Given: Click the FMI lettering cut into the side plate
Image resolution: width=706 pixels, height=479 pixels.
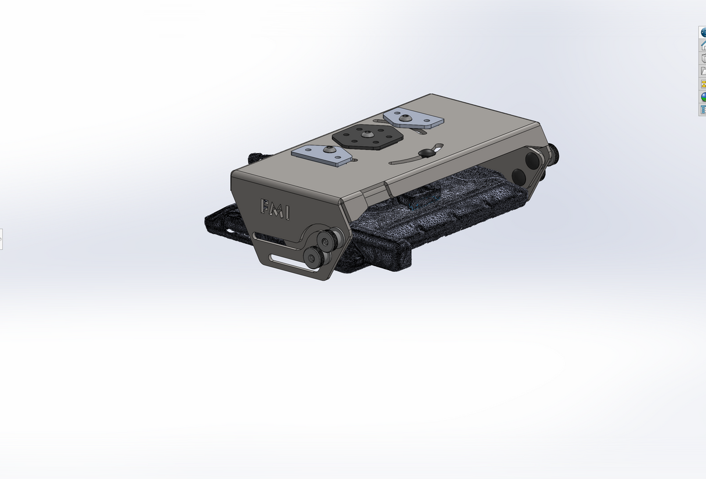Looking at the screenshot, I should coord(274,209).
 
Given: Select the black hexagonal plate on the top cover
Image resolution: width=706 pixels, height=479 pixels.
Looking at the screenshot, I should coord(368,138).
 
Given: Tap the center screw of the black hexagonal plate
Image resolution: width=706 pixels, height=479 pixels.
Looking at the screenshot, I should coord(368,134).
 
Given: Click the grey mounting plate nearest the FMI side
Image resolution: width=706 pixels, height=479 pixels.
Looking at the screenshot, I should coord(321,155).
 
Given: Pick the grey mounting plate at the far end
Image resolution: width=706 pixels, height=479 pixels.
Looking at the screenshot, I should coord(413,119).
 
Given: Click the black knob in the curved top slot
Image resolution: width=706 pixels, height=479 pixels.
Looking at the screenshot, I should coord(426,152).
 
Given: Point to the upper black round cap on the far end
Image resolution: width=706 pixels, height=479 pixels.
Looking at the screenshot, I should coord(532,158).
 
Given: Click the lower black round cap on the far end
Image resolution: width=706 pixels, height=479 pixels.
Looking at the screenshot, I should coord(519,176).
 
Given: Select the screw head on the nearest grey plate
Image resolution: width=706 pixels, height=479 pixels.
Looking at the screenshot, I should coord(331,151).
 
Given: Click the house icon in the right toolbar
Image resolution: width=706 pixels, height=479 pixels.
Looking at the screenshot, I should coord(703,45).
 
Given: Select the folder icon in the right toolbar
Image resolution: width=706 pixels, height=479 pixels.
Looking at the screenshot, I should coord(703,71).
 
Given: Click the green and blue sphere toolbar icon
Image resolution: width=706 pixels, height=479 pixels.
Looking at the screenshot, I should coord(703,97).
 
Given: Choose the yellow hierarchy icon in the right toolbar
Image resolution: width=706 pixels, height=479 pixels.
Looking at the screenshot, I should coord(703,84).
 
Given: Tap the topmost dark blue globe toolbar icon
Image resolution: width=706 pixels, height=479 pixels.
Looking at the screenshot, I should coord(703,33).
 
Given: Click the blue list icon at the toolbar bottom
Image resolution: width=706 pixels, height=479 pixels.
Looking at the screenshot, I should coord(703,109).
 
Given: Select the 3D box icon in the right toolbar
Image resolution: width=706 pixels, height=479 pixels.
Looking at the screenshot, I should coord(703,58).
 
